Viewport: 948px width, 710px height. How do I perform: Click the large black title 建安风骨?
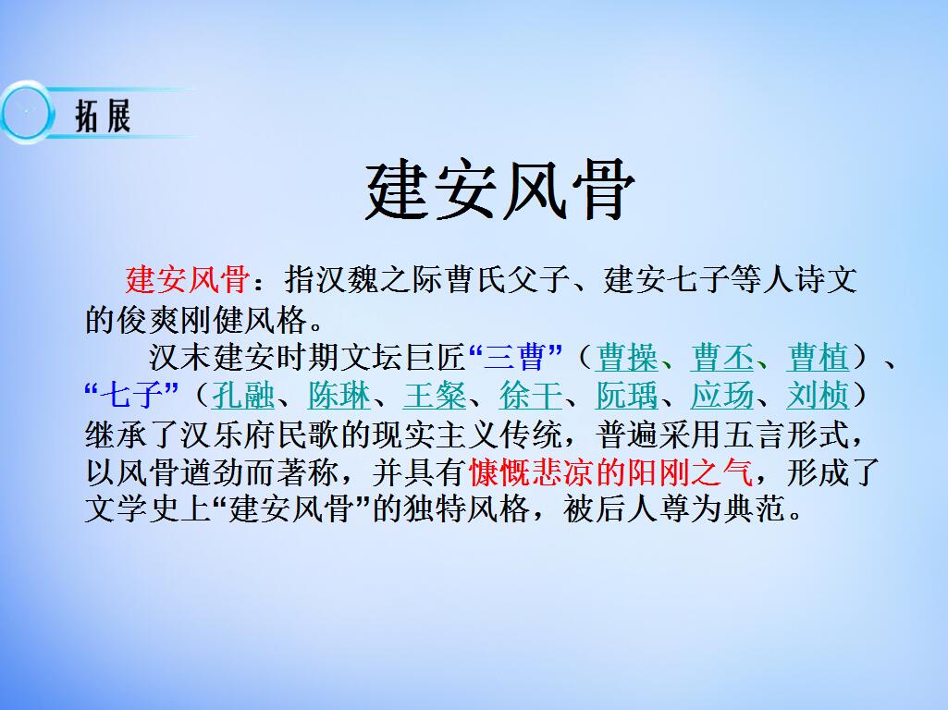tap(500, 190)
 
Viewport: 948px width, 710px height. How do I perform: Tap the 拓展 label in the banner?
tap(102, 116)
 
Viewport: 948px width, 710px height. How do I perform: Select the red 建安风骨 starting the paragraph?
tap(185, 279)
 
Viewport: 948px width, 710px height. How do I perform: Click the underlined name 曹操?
tap(628, 357)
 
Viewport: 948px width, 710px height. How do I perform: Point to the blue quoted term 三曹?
tap(516, 357)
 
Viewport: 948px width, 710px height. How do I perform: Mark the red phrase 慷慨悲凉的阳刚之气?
tap(610, 473)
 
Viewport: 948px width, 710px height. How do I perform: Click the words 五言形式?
tap(799, 435)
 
